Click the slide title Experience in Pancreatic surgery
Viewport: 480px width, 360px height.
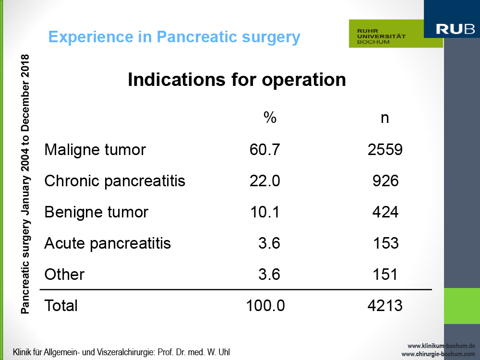(x=174, y=37)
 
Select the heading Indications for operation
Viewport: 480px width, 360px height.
(x=237, y=80)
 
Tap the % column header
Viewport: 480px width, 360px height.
(x=270, y=118)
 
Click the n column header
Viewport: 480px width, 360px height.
(x=385, y=118)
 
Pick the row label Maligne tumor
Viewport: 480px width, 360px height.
(x=95, y=150)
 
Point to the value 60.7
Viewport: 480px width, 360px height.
(x=264, y=150)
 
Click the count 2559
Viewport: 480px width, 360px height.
(x=385, y=150)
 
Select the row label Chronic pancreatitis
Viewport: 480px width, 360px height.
(x=115, y=181)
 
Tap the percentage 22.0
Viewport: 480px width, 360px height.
(x=264, y=181)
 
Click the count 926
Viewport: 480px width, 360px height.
(x=385, y=181)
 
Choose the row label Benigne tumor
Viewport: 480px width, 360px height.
(x=96, y=212)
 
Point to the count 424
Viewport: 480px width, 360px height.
(x=385, y=212)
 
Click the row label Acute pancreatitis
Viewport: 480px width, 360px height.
(x=108, y=243)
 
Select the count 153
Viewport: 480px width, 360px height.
(x=386, y=243)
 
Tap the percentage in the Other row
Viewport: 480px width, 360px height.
(x=269, y=274)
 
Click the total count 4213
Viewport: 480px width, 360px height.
(x=385, y=305)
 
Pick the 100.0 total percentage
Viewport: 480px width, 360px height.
(x=265, y=305)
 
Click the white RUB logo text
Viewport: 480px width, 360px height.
(x=455, y=29)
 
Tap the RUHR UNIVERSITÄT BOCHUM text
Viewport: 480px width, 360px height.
(x=381, y=36)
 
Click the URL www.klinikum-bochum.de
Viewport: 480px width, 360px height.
(x=441, y=346)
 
